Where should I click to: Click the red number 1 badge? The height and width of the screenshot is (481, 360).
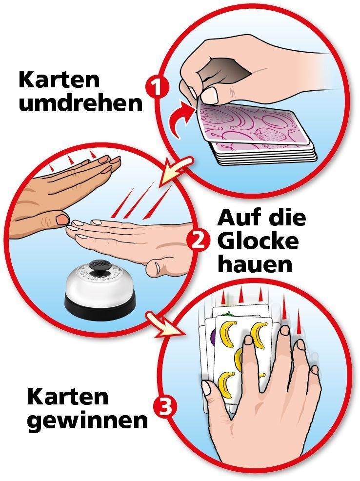[x=157, y=88]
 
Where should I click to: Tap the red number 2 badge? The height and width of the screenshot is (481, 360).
[x=198, y=241]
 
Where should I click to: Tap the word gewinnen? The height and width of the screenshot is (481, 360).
[x=87, y=420]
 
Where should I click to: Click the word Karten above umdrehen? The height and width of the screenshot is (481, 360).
[x=59, y=80]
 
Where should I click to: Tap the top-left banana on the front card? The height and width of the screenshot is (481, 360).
[x=228, y=332]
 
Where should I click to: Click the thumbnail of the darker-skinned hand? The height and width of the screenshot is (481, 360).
[x=62, y=220]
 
